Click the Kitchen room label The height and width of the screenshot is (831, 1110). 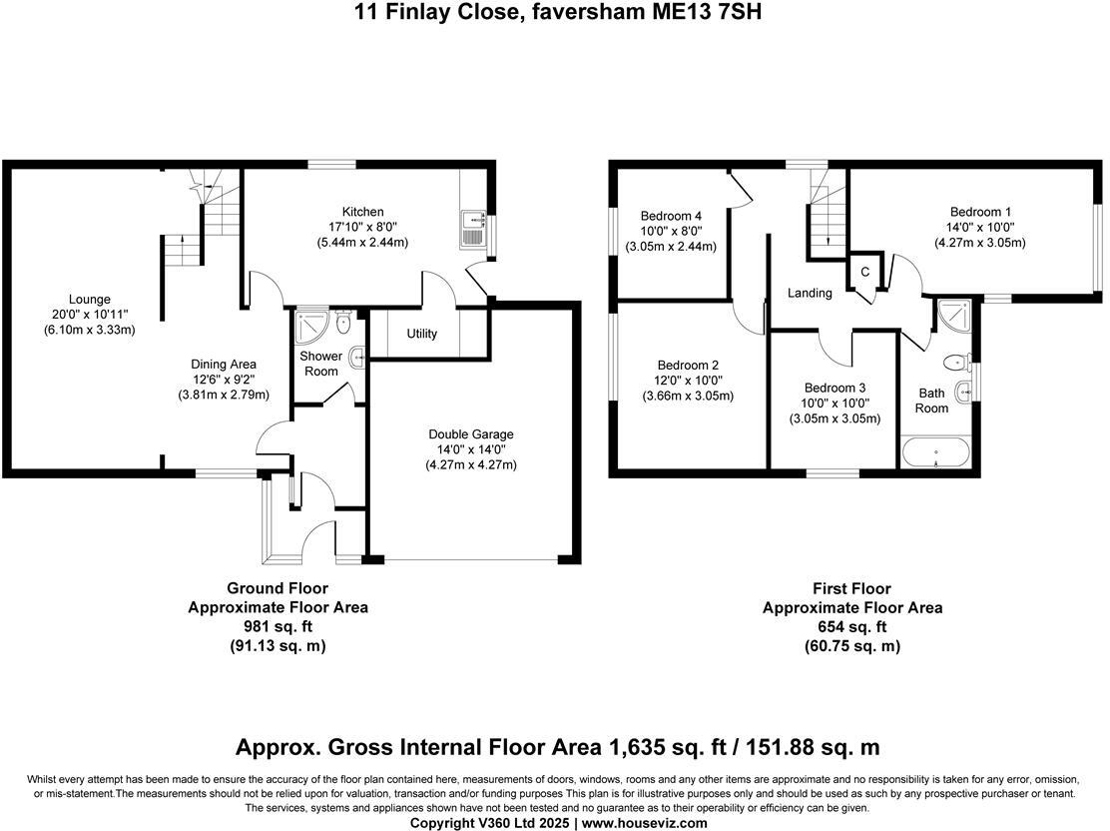click(362, 212)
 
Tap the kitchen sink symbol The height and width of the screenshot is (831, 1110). click(471, 228)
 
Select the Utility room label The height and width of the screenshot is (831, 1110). click(422, 334)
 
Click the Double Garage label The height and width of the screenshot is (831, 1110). click(471, 434)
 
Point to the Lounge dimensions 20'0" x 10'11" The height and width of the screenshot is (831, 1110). click(89, 315)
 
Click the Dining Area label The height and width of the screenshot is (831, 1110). click(224, 365)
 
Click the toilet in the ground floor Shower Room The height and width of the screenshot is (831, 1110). click(344, 323)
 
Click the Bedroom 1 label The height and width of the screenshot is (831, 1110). click(980, 212)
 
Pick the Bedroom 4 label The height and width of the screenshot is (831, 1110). click(671, 216)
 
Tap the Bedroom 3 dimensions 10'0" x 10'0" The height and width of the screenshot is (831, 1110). click(834, 404)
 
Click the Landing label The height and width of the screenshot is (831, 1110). click(810, 293)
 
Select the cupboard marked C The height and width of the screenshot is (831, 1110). click(865, 273)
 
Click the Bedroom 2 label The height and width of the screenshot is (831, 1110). click(688, 366)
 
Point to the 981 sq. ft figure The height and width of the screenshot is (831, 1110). click(277, 627)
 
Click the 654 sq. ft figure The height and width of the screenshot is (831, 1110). click(851, 627)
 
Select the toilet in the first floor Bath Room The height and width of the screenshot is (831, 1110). click(957, 363)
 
